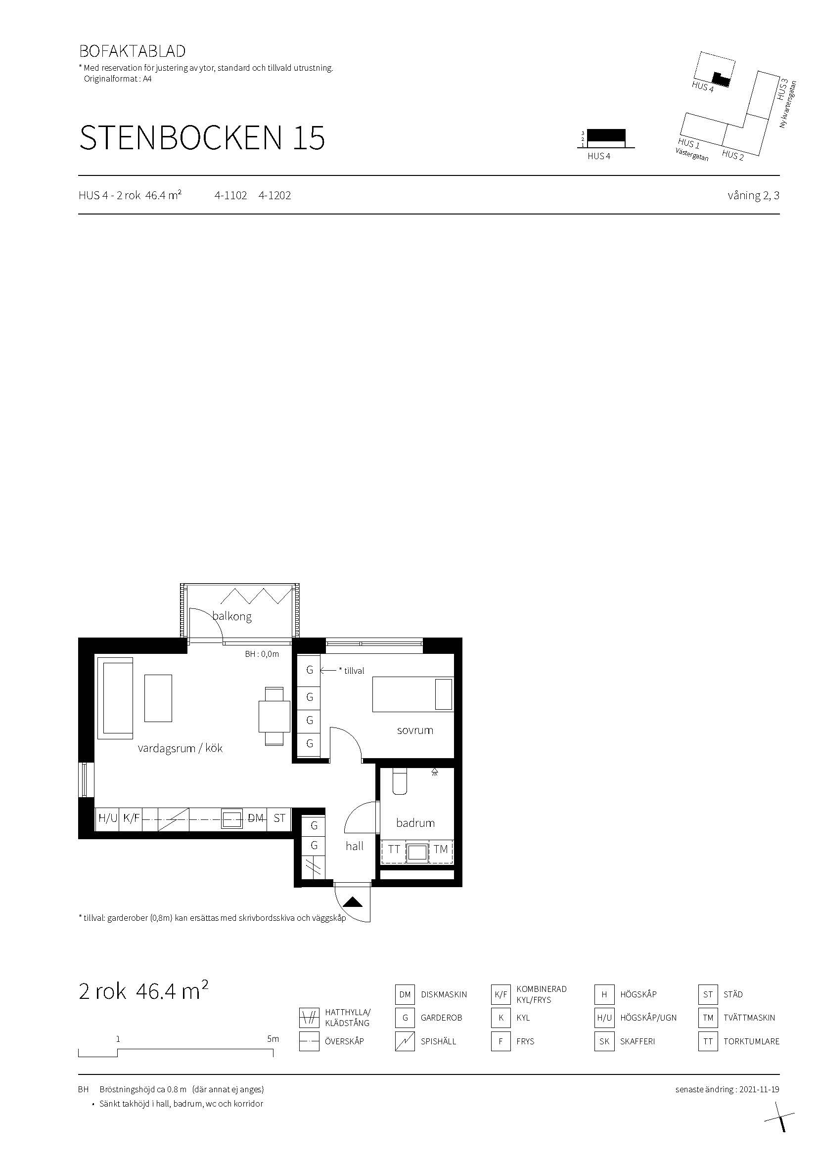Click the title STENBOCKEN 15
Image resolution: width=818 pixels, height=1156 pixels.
(x=202, y=137)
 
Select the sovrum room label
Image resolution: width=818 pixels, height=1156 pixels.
(x=414, y=730)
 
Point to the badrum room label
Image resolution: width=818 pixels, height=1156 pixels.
(x=415, y=823)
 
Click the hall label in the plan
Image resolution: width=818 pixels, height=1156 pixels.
(x=355, y=846)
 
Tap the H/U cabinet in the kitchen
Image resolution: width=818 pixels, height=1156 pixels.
(x=108, y=818)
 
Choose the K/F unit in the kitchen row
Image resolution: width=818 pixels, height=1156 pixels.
(x=131, y=818)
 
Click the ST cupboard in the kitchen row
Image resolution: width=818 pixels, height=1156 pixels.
(x=279, y=818)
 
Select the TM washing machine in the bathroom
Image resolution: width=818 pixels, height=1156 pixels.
(x=441, y=850)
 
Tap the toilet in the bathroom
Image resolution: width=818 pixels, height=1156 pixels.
(x=400, y=782)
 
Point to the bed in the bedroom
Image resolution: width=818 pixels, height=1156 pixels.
(x=412, y=694)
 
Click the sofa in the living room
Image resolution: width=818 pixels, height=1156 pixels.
(x=115, y=698)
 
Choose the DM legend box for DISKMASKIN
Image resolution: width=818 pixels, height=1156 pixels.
(x=405, y=994)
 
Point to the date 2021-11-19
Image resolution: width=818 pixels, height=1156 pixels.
(x=759, y=1090)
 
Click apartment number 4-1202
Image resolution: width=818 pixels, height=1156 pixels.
(x=274, y=195)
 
